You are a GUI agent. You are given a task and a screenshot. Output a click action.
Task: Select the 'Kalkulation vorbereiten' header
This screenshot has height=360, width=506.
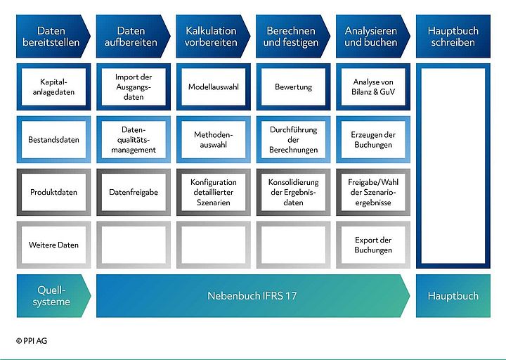[x=211, y=37]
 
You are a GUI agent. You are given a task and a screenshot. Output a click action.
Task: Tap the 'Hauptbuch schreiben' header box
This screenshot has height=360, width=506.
[x=453, y=37]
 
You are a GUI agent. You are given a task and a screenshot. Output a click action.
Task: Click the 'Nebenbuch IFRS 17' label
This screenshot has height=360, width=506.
[x=252, y=295]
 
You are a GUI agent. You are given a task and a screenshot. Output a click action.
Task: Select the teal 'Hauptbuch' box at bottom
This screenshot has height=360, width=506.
[x=453, y=295]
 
